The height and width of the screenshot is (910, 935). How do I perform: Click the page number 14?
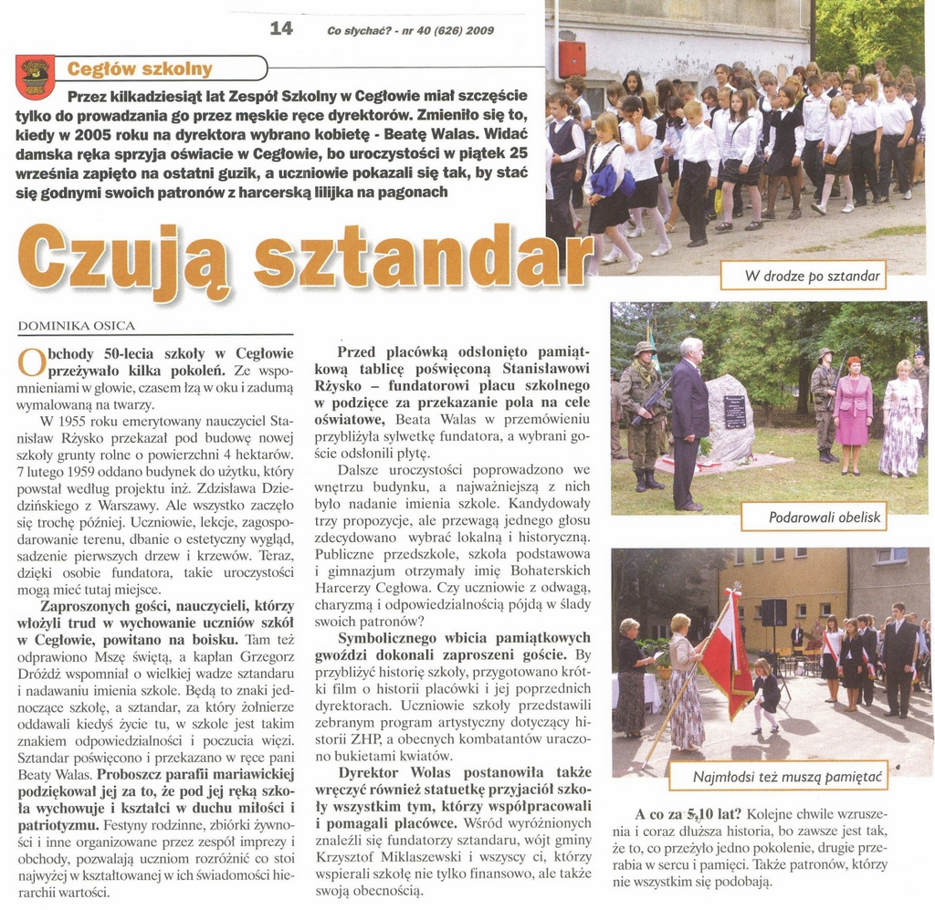(x=281, y=28)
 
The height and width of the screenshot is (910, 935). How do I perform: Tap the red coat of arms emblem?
(x=36, y=77)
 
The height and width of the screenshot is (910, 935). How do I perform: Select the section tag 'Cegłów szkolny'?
(x=140, y=68)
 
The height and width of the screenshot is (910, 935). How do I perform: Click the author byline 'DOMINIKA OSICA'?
(x=76, y=325)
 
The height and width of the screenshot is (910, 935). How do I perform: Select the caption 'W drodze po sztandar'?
(x=812, y=275)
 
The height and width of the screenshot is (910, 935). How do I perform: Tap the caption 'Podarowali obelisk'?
(x=825, y=518)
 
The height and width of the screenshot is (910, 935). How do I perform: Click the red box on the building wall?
(x=573, y=58)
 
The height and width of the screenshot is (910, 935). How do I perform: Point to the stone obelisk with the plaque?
(x=731, y=418)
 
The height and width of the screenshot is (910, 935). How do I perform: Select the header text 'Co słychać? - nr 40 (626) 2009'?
(x=410, y=30)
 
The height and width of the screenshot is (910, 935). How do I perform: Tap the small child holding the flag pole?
(x=765, y=693)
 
